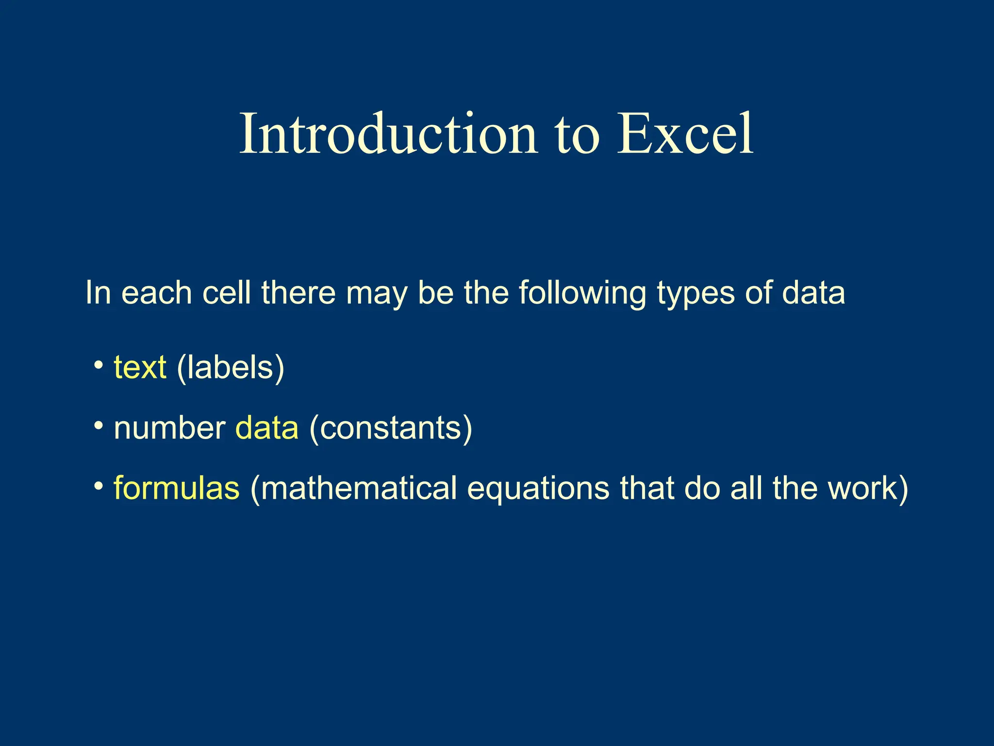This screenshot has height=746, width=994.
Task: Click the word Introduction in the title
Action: tap(388, 134)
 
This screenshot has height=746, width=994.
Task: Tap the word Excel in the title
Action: tap(685, 134)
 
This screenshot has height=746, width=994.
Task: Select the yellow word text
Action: tap(140, 368)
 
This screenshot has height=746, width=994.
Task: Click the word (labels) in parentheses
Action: tap(231, 368)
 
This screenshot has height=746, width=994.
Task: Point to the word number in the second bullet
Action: tap(169, 428)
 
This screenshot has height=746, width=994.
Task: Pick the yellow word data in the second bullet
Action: tap(266, 428)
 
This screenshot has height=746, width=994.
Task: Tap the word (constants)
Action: tap(391, 428)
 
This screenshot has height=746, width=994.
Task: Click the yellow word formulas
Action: tap(176, 488)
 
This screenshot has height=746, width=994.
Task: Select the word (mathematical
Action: tap(353, 488)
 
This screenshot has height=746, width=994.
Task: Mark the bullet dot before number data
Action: tap(99, 425)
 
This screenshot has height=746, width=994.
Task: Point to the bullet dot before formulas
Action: tap(99, 486)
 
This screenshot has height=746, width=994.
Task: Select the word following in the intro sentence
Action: tap(582, 294)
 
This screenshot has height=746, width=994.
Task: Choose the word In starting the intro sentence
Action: tap(98, 293)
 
